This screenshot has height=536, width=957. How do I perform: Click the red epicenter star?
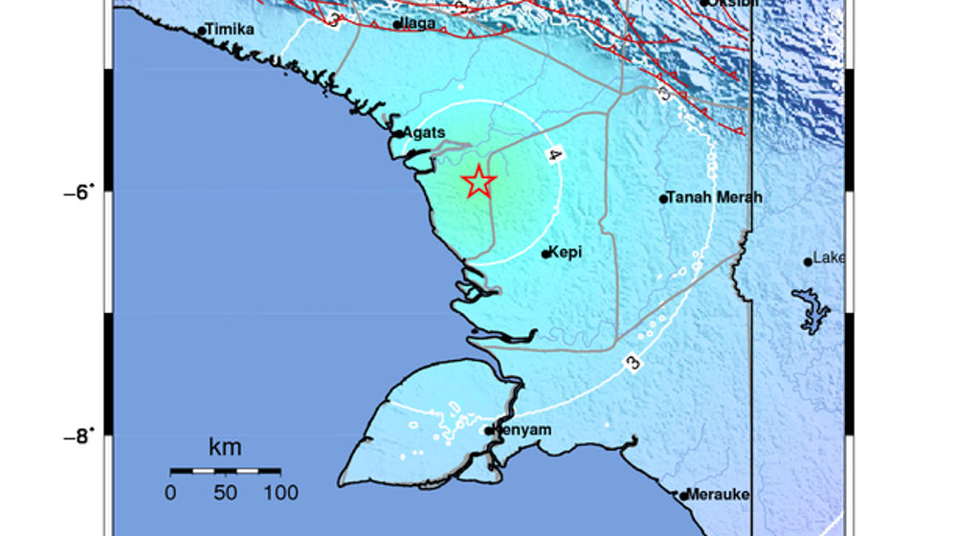click(x=478, y=181)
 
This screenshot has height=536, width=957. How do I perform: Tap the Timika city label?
click(x=231, y=30)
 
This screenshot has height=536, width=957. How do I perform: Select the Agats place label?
click(x=424, y=133)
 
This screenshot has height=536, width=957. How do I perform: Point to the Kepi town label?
click(x=568, y=253)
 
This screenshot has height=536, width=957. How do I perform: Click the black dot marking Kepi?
click(x=546, y=254)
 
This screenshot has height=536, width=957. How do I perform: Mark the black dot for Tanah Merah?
click(x=663, y=199)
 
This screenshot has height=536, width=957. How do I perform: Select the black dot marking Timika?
click(x=202, y=32)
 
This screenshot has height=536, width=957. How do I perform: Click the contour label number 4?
click(x=554, y=155)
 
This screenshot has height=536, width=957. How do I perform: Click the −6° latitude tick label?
click(x=80, y=191)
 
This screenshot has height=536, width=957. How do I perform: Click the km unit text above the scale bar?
click(x=225, y=447)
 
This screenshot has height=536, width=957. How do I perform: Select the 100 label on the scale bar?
click(x=280, y=494)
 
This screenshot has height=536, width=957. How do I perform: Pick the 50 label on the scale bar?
click(x=225, y=494)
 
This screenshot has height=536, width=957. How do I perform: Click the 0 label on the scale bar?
click(x=170, y=494)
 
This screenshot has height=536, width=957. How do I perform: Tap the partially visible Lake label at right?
click(x=829, y=257)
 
